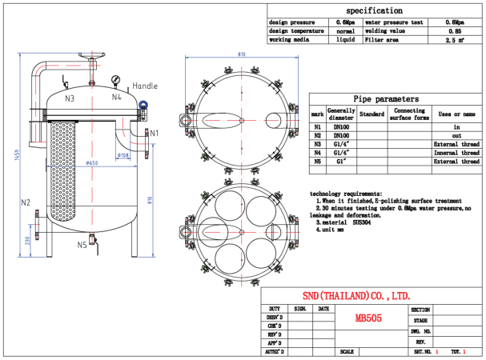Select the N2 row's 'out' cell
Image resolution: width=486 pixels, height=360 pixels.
coord(458,135)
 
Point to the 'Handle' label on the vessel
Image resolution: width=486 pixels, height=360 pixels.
coord(145,86)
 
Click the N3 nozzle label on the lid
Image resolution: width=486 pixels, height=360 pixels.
coord(70,98)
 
